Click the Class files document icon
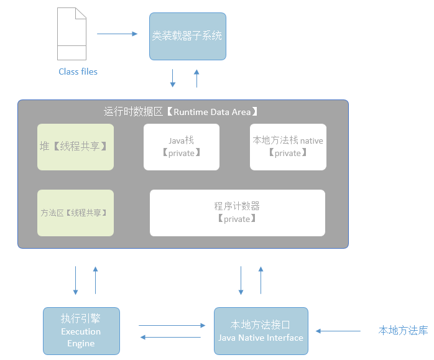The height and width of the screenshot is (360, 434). [72, 34]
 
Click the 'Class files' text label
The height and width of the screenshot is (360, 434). [78, 72]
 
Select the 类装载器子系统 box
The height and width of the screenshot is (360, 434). [187, 36]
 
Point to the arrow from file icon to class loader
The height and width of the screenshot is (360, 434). [117, 34]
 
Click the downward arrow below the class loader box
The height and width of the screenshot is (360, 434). [173, 78]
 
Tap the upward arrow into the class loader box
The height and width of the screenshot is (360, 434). [197, 78]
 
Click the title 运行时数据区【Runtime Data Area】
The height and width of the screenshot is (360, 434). [180, 112]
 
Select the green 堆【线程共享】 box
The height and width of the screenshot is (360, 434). [75, 147]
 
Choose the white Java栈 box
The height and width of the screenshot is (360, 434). [182, 147]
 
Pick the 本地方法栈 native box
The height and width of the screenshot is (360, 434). [288, 147]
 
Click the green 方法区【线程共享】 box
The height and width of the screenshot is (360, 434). [75, 213]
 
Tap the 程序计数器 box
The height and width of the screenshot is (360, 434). [237, 213]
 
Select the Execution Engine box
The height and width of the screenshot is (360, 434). [81, 331]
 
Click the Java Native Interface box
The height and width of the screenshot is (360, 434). [261, 331]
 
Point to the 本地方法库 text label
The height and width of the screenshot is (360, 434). [403, 330]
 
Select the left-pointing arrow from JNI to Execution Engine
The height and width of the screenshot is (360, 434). [170, 337]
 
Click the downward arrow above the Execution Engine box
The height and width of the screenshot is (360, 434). [75, 280]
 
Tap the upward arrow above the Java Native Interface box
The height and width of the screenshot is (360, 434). [261, 280]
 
